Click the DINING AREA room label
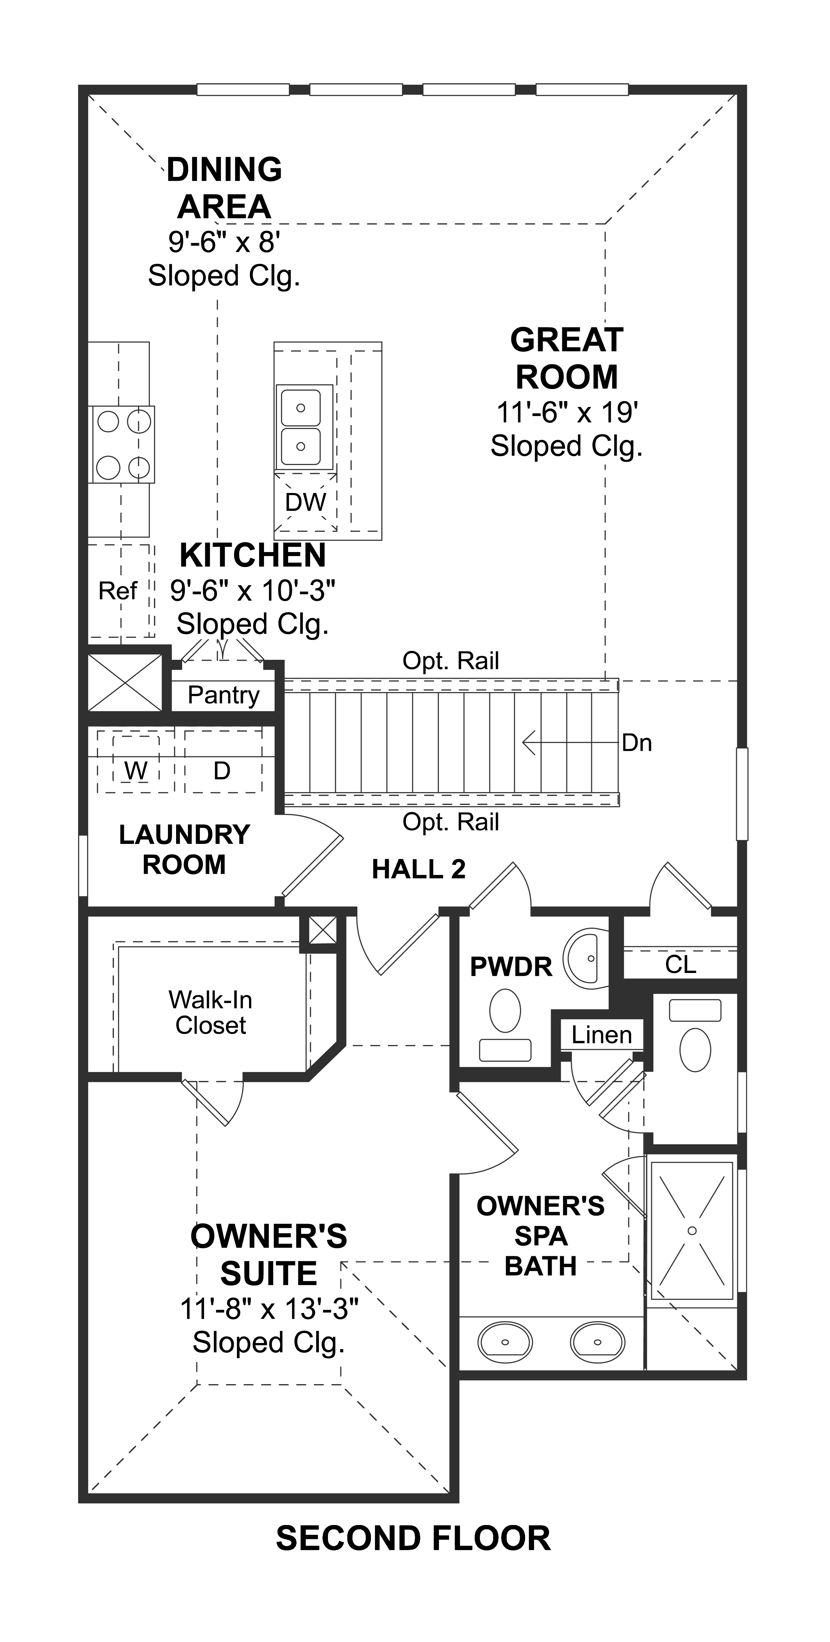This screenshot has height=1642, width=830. (225, 188)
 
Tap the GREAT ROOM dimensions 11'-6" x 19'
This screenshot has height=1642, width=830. (567, 413)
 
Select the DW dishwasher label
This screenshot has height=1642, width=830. (305, 502)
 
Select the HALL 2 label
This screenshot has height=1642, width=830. (419, 869)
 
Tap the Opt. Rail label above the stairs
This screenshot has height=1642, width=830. (451, 661)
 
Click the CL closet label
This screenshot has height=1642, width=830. (680, 964)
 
